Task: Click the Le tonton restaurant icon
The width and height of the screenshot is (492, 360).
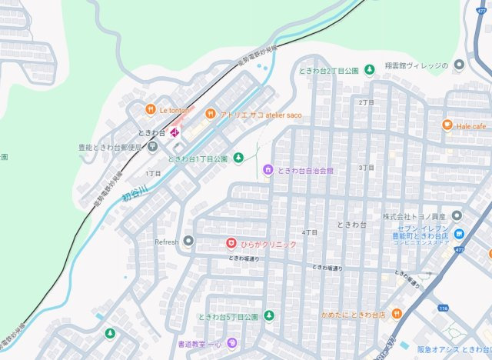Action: click(151, 109)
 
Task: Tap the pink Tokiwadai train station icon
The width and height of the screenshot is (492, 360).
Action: click(175, 133)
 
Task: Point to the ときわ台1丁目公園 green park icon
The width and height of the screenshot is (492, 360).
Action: click(238, 158)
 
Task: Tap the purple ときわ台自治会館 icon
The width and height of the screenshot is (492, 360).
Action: click(268, 169)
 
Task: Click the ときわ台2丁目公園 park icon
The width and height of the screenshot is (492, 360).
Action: click(369, 70)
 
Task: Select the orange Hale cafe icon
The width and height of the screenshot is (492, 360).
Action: click(447, 125)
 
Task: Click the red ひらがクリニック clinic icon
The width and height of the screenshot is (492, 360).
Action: click(230, 243)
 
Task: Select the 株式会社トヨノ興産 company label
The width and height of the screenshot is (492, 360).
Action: click(415, 215)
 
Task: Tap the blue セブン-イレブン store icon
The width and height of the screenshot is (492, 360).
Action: click(459, 233)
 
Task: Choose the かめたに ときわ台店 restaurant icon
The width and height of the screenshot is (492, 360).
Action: click(397, 314)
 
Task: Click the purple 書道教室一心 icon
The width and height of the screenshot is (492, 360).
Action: click(230, 343)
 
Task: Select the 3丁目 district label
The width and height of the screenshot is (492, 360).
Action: click(366, 167)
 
